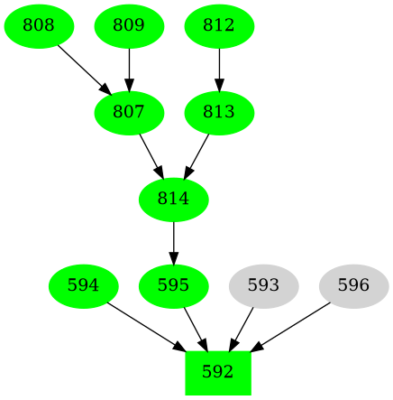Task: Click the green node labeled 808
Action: (39, 26)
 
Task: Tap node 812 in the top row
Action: (219, 26)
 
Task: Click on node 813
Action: (219, 113)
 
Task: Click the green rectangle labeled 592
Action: (218, 372)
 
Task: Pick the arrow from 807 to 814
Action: (150, 154)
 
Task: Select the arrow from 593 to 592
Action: (242, 328)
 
